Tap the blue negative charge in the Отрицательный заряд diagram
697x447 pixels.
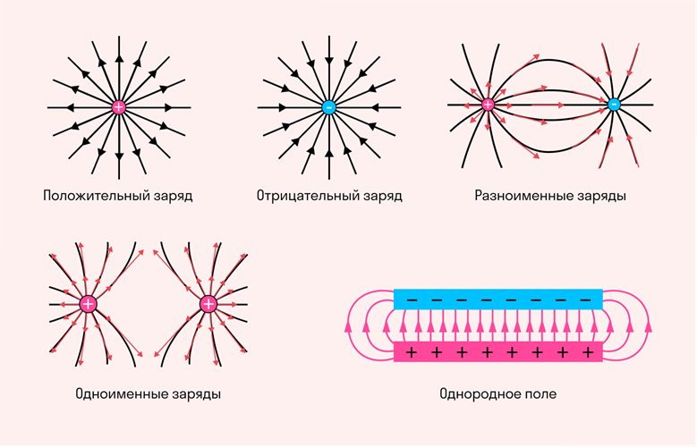328,107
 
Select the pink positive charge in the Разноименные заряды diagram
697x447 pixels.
488,105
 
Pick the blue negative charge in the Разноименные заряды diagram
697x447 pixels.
614,105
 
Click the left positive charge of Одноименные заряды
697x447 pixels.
88,304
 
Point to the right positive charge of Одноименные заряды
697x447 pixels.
208,304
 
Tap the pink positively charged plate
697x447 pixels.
498,352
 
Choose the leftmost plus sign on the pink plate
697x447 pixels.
412,353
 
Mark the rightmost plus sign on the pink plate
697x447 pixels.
587,353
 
